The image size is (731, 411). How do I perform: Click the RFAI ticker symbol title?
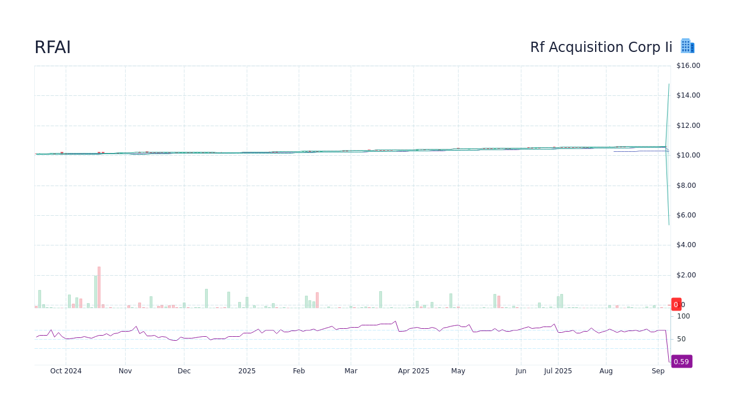[53, 47]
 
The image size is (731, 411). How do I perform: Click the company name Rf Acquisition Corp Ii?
[601, 47]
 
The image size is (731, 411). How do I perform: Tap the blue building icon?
[687, 46]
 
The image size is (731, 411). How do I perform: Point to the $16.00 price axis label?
[688, 66]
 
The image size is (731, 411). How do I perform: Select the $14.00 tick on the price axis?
[688, 95]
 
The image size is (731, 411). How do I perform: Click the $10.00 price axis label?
[688, 155]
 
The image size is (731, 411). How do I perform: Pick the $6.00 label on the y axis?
[688, 215]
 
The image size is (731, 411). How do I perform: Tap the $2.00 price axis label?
[688, 275]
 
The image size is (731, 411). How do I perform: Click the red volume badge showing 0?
[676, 304]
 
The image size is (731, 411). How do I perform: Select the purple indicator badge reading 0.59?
[681, 361]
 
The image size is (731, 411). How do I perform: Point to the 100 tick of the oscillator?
[684, 316]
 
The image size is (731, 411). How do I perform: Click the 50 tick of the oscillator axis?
[681, 339]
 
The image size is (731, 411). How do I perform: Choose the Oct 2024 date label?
[66, 371]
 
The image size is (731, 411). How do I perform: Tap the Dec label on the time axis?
[184, 371]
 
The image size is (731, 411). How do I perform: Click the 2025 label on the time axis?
[247, 371]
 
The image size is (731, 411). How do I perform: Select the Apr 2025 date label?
[413, 371]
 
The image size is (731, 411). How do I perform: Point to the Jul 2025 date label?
[558, 371]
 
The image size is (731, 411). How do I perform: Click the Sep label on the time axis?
[658, 371]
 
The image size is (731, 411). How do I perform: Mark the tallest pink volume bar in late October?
[99, 287]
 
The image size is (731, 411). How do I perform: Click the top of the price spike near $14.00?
[669, 85]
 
